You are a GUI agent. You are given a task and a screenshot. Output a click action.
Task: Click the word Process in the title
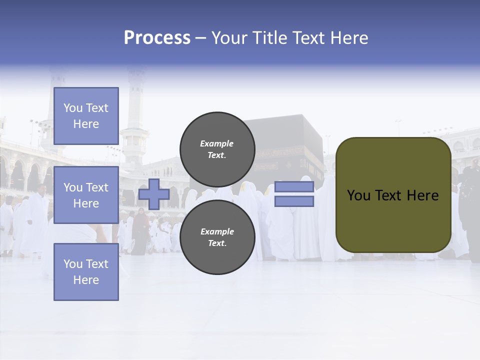(157, 38)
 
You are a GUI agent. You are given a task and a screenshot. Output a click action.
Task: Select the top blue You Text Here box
(86, 116)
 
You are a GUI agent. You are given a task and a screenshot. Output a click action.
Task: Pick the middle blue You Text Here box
(86, 195)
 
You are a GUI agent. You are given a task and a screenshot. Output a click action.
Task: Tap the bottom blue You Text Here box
(86, 272)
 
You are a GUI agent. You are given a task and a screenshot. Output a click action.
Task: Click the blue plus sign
(154, 194)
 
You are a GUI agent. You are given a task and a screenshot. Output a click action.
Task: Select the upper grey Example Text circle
(217, 149)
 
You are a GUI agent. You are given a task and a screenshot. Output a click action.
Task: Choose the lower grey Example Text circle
(217, 237)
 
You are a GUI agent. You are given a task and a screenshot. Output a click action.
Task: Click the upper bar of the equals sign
(294, 187)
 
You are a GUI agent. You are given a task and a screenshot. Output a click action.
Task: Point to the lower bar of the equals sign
(294, 201)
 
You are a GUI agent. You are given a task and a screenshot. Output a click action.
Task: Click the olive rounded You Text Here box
(393, 195)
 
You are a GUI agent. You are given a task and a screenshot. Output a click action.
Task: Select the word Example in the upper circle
(217, 143)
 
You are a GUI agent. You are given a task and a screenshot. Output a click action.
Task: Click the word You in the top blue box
(72, 108)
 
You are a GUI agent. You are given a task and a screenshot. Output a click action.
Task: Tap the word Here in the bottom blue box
(86, 280)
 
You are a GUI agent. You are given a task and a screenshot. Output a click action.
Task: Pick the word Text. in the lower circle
(217, 243)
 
